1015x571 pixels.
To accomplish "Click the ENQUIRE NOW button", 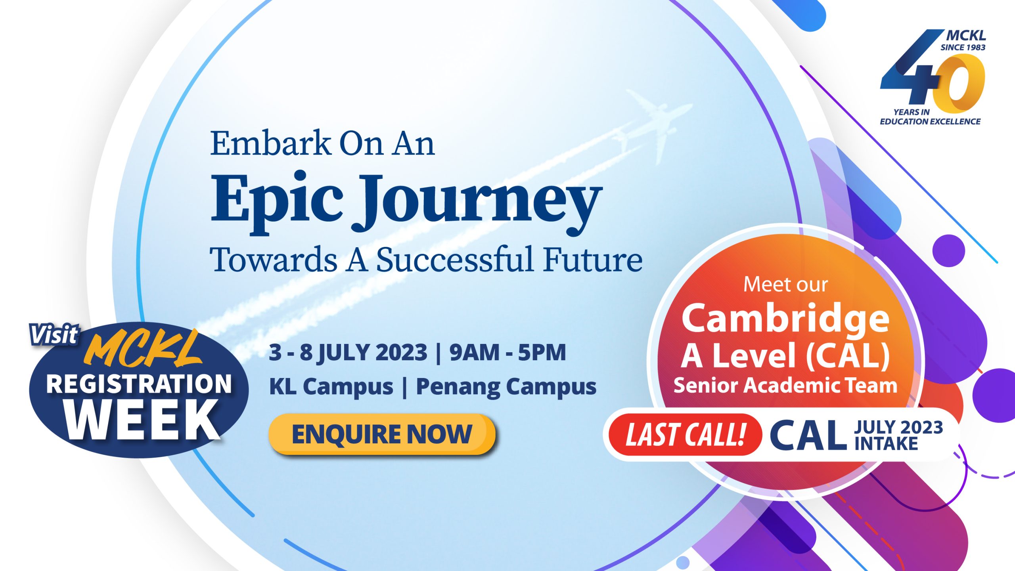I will point(382,434).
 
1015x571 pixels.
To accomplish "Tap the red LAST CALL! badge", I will point(685,435).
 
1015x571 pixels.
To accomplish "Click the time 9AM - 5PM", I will point(507,352).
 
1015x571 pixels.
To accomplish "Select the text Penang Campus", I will point(506,387).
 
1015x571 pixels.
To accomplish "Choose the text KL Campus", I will point(331,387).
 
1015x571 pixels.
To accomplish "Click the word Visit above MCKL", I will point(54,335).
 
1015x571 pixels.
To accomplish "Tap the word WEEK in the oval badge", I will point(143,420).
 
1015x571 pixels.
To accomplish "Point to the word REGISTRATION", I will point(139,384).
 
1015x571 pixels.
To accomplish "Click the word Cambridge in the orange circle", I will point(785,319).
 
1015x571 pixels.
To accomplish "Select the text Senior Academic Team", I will point(785,386).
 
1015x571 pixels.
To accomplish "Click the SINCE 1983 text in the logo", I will point(963,48).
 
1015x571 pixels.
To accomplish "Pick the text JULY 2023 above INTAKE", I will point(898,427).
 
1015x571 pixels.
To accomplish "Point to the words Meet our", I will point(785,285).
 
